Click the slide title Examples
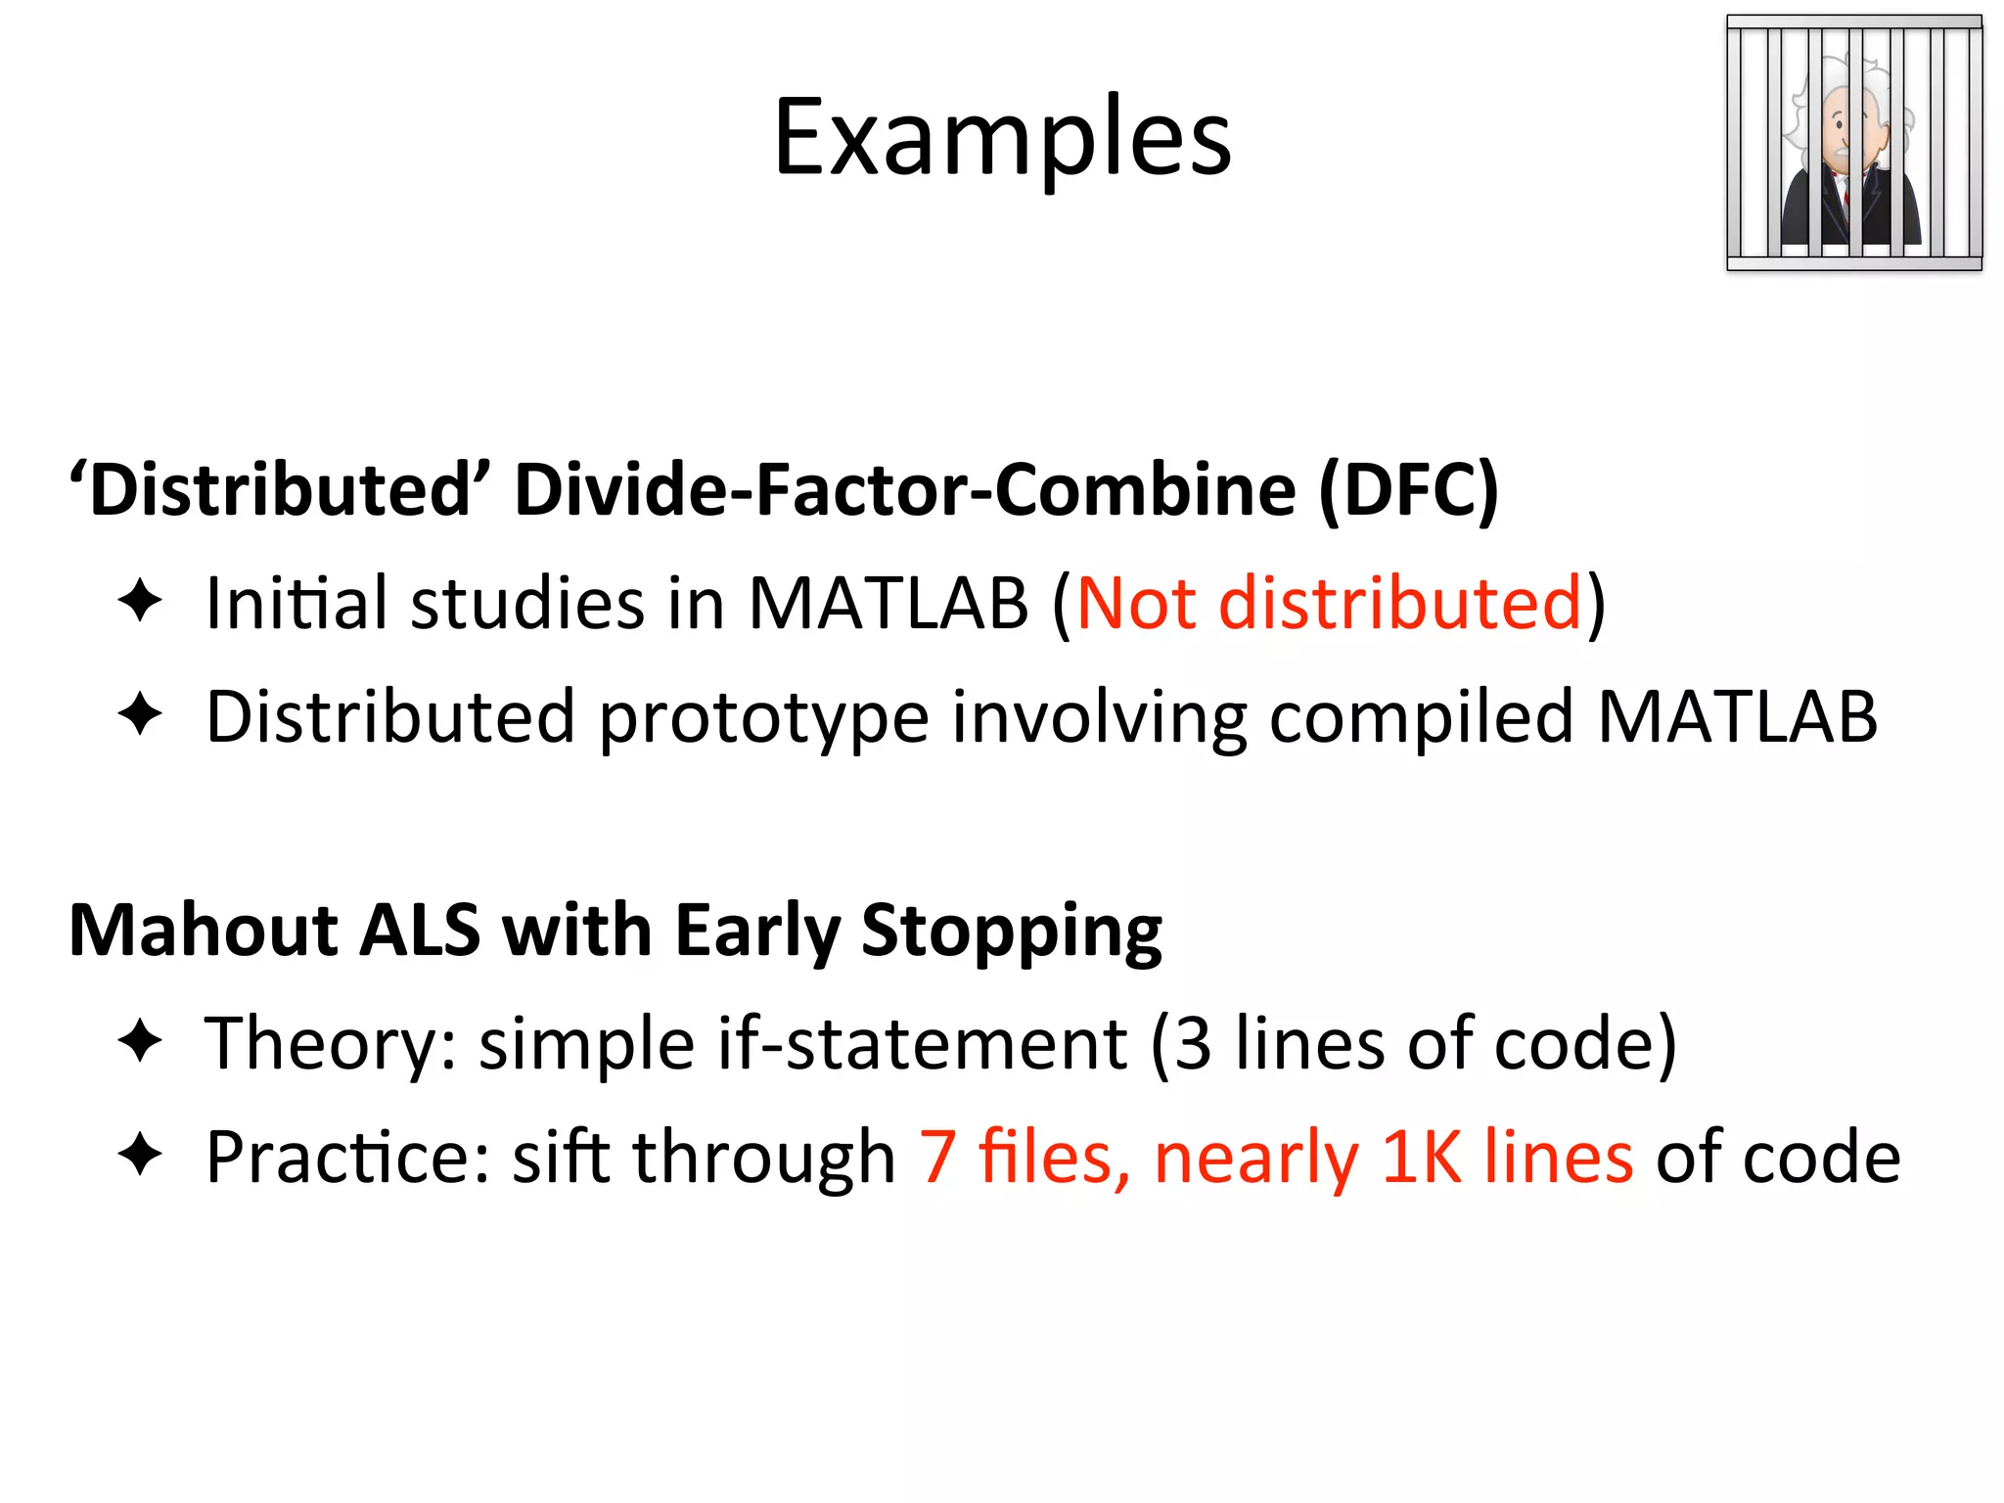pyautogui.click(x=1002, y=139)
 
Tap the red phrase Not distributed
pyautogui.click(x=1329, y=603)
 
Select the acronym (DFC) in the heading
pyautogui.click(x=1408, y=489)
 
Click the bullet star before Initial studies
pyautogui.click(x=140, y=601)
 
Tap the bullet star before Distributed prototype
pyautogui.click(x=140, y=714)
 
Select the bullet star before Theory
pyautogui.click(x=140, y=1041)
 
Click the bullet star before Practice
pyautogui.click(x=140, y=1155)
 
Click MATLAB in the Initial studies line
pyautogui.click(x=888, y=603)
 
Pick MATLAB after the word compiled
pyautogui.click(x=1737, y=717)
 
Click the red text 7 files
pyautogui.click(x=1023, y=1158)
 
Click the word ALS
pyautogui.click(x=420, y=930)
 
